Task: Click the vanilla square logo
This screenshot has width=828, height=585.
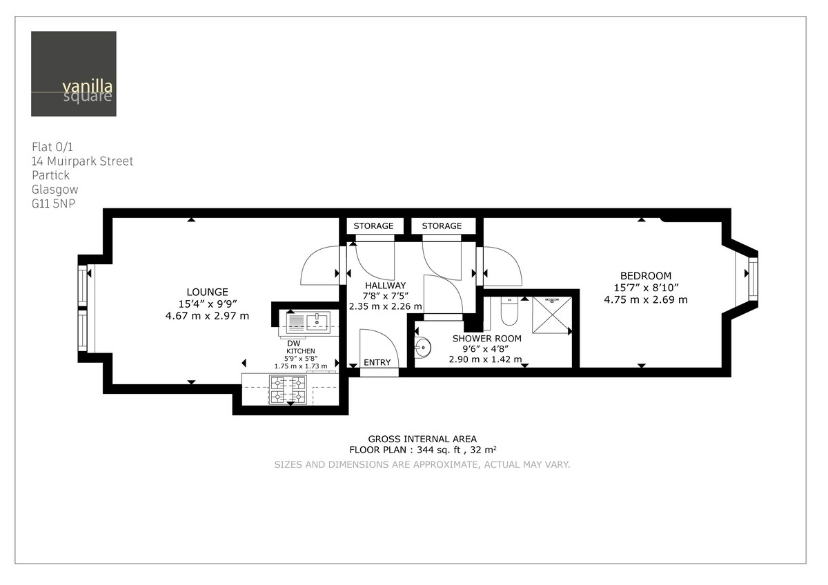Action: click(73, 74)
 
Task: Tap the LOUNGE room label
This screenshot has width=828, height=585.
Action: click(207, 292)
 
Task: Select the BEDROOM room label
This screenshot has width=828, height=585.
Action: click(645, 276)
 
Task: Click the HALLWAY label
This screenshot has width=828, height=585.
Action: click(386, 286)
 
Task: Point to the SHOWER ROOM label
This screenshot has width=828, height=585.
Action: click(486, 339)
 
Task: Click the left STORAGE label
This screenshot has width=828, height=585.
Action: click(373, 226)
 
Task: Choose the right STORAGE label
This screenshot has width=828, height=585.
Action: click(442, 226)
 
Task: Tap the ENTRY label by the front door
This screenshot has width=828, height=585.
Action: click(377, 363)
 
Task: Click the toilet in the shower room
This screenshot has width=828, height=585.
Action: click(509, 313)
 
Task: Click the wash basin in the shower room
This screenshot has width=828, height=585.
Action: click(423, 348)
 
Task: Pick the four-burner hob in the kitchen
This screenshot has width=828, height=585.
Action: click(289, 390)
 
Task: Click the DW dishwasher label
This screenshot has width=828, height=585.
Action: click(293, 343)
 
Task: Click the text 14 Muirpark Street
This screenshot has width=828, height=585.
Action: click(82, 161)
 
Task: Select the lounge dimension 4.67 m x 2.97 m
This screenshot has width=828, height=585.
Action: click(207, 316)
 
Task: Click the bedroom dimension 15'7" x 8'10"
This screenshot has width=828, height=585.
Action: click(645, 288)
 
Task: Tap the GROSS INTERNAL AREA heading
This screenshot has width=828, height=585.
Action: click(422, 439)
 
